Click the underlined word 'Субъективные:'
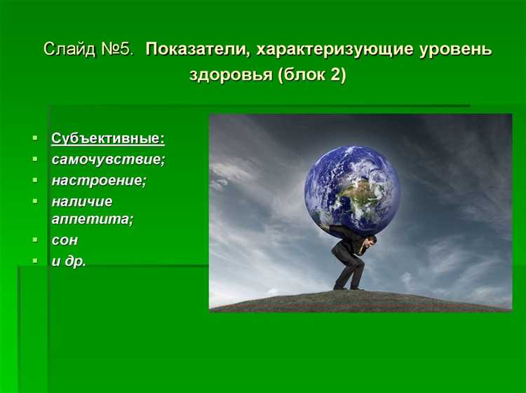(108, 138)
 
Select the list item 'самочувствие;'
(108, 159)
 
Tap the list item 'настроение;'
(99, 180)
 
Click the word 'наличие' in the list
(81, 202)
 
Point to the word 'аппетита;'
(92, 219)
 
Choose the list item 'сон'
(65, 240)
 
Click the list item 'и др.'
(69, 261)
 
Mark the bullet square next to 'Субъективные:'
(35, 138)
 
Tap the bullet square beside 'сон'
(35, 240)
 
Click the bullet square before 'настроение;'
(35, 180)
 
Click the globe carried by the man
(352, 188)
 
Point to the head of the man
(370, 242)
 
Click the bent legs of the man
(349, 270)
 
